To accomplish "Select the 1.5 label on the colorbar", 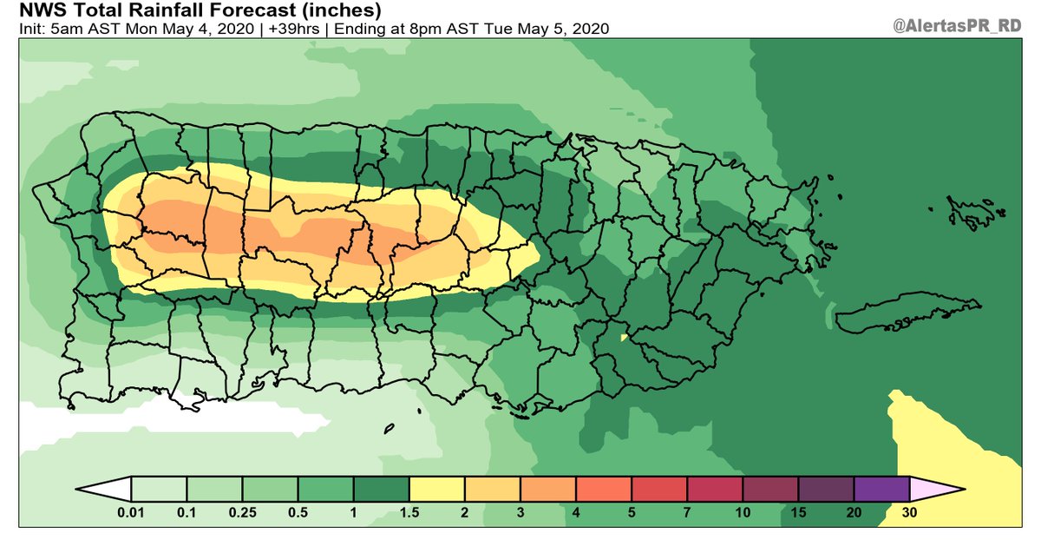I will [409, 513].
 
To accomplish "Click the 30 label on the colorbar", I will [909, 513].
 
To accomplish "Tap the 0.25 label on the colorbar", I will [242, 513].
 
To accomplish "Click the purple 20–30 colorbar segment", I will [881, 489].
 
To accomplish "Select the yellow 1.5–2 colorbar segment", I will [436, 489].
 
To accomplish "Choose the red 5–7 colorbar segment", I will [658, 489].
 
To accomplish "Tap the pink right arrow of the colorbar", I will [935, 489].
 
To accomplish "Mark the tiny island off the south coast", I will [389, 427].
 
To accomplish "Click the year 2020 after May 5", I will [589, 29].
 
